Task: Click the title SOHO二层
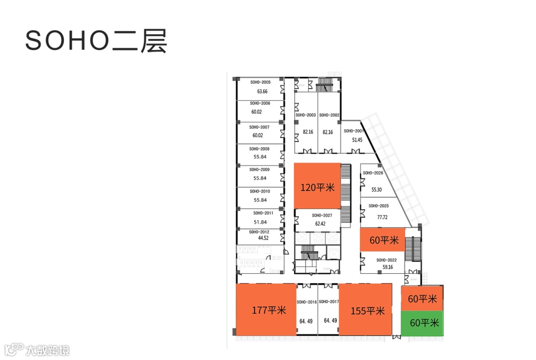coord(96,41)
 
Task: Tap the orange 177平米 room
coord(266,310)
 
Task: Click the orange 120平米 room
coord(318,187)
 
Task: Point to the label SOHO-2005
coord(260,82)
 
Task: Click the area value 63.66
coord(262,92)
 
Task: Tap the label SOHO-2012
coord(259,232)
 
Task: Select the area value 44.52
coord(263,238)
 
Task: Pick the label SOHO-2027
coord(322,216)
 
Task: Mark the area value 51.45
coord(357,140)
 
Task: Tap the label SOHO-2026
coord(373,173)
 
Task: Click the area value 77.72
coord(382,217)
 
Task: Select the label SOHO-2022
coord(386,260)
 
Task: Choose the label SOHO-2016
coord(306,302)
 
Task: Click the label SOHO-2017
coord(329,302)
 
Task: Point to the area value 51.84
coord(260,222)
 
